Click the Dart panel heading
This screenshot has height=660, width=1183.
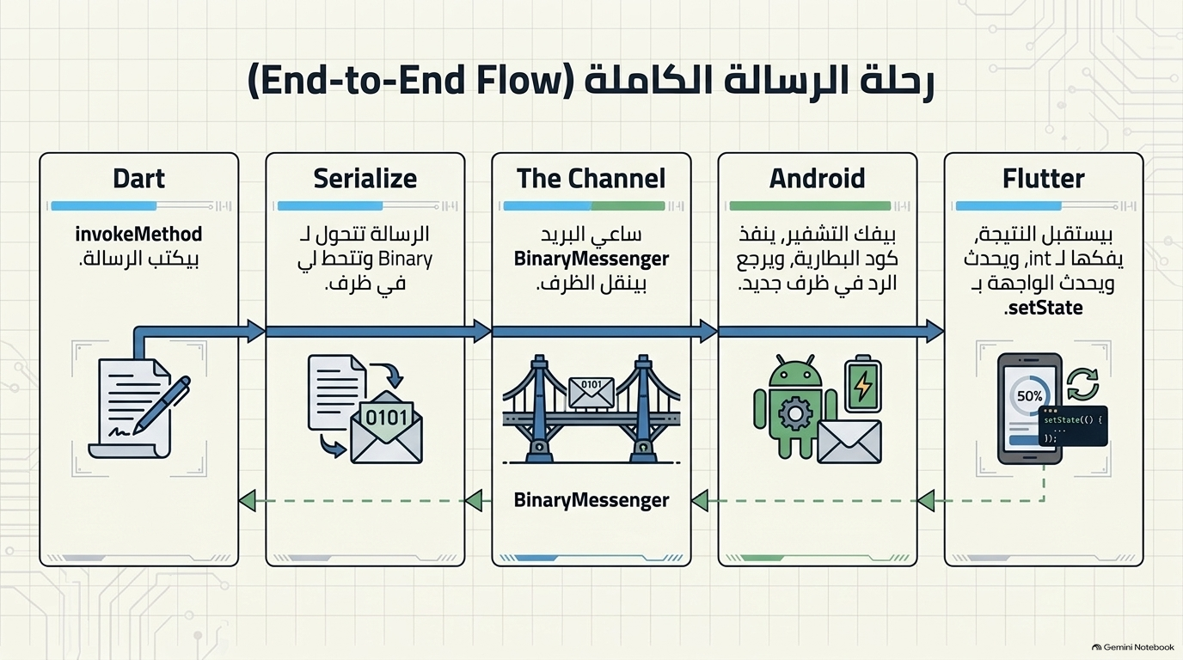139,179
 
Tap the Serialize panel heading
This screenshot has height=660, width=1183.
365,179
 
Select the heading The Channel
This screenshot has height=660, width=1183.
591,179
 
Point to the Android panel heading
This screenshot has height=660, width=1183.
817,179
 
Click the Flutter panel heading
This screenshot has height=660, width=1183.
1044,179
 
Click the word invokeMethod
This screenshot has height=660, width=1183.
138,234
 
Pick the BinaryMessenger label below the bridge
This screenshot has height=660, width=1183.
591,499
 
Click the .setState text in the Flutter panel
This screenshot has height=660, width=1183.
1043,308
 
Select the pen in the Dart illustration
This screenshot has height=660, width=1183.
162,405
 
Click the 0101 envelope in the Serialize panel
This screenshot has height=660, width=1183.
386,428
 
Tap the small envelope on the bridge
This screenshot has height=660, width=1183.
591,393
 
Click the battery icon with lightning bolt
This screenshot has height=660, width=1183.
863,383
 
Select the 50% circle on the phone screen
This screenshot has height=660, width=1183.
1029,396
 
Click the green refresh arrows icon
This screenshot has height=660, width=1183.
1082,384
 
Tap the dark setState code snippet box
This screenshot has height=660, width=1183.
1073,426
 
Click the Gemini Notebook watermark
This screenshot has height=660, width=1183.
1132,647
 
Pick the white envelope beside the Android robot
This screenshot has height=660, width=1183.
849,442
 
